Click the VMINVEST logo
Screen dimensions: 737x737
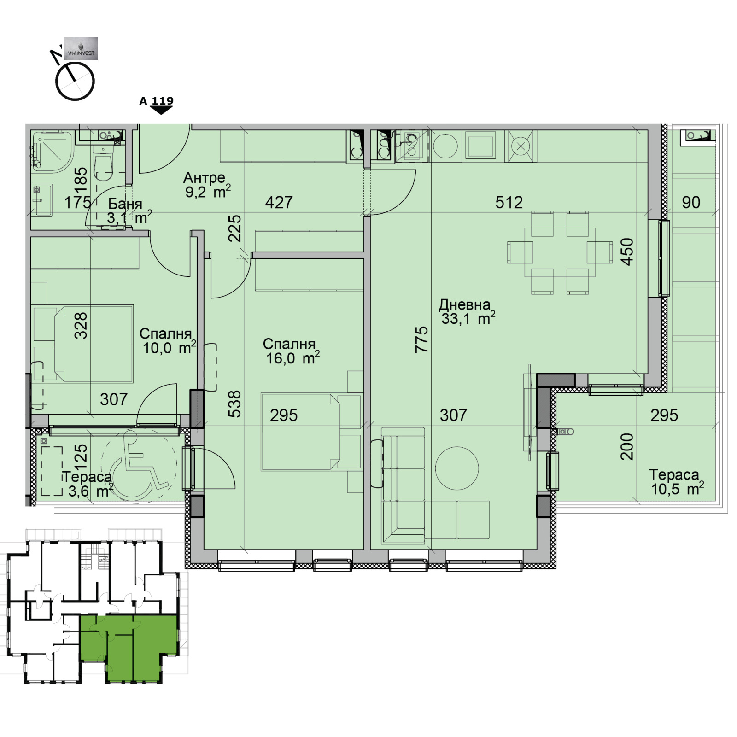tap(81, 48)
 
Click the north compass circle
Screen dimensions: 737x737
tap(75, 82)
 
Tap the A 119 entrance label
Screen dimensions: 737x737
tap(157, 101)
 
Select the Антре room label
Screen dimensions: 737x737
tap(204, 178)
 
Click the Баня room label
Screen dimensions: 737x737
tap(125, 204)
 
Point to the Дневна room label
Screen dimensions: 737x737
tap(464, 304)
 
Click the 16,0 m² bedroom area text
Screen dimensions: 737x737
tap(292, 358)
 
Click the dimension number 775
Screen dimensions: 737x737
tap(421, 339)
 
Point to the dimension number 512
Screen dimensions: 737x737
tap(509, 202)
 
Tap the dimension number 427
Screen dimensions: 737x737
tap(279, 202)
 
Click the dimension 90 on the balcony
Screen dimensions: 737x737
tap(691, 202)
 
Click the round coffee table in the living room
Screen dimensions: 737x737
tap(457, 468)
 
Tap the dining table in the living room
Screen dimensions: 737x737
tap(560, 252)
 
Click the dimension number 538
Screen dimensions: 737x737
tap(234, 404)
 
